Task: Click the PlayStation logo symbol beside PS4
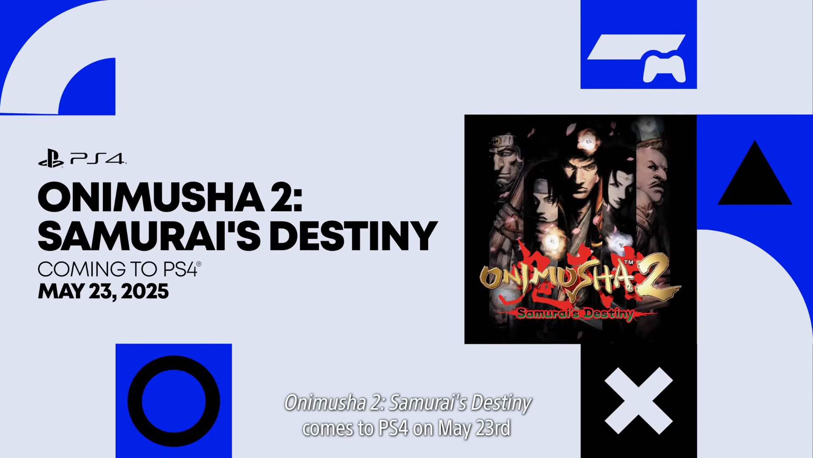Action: click(51, 159)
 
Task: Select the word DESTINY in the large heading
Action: click(353, 236)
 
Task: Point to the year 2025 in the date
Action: click(145, 292)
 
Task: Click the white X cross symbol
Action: click(639, 401)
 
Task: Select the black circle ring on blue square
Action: click(174, 401)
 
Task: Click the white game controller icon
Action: click(664, 67)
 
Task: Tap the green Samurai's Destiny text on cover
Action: click(575, 314)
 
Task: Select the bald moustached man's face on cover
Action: click(654, 170)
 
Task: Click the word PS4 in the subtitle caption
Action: click(393, 428)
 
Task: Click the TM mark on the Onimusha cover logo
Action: click(629, 263)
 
